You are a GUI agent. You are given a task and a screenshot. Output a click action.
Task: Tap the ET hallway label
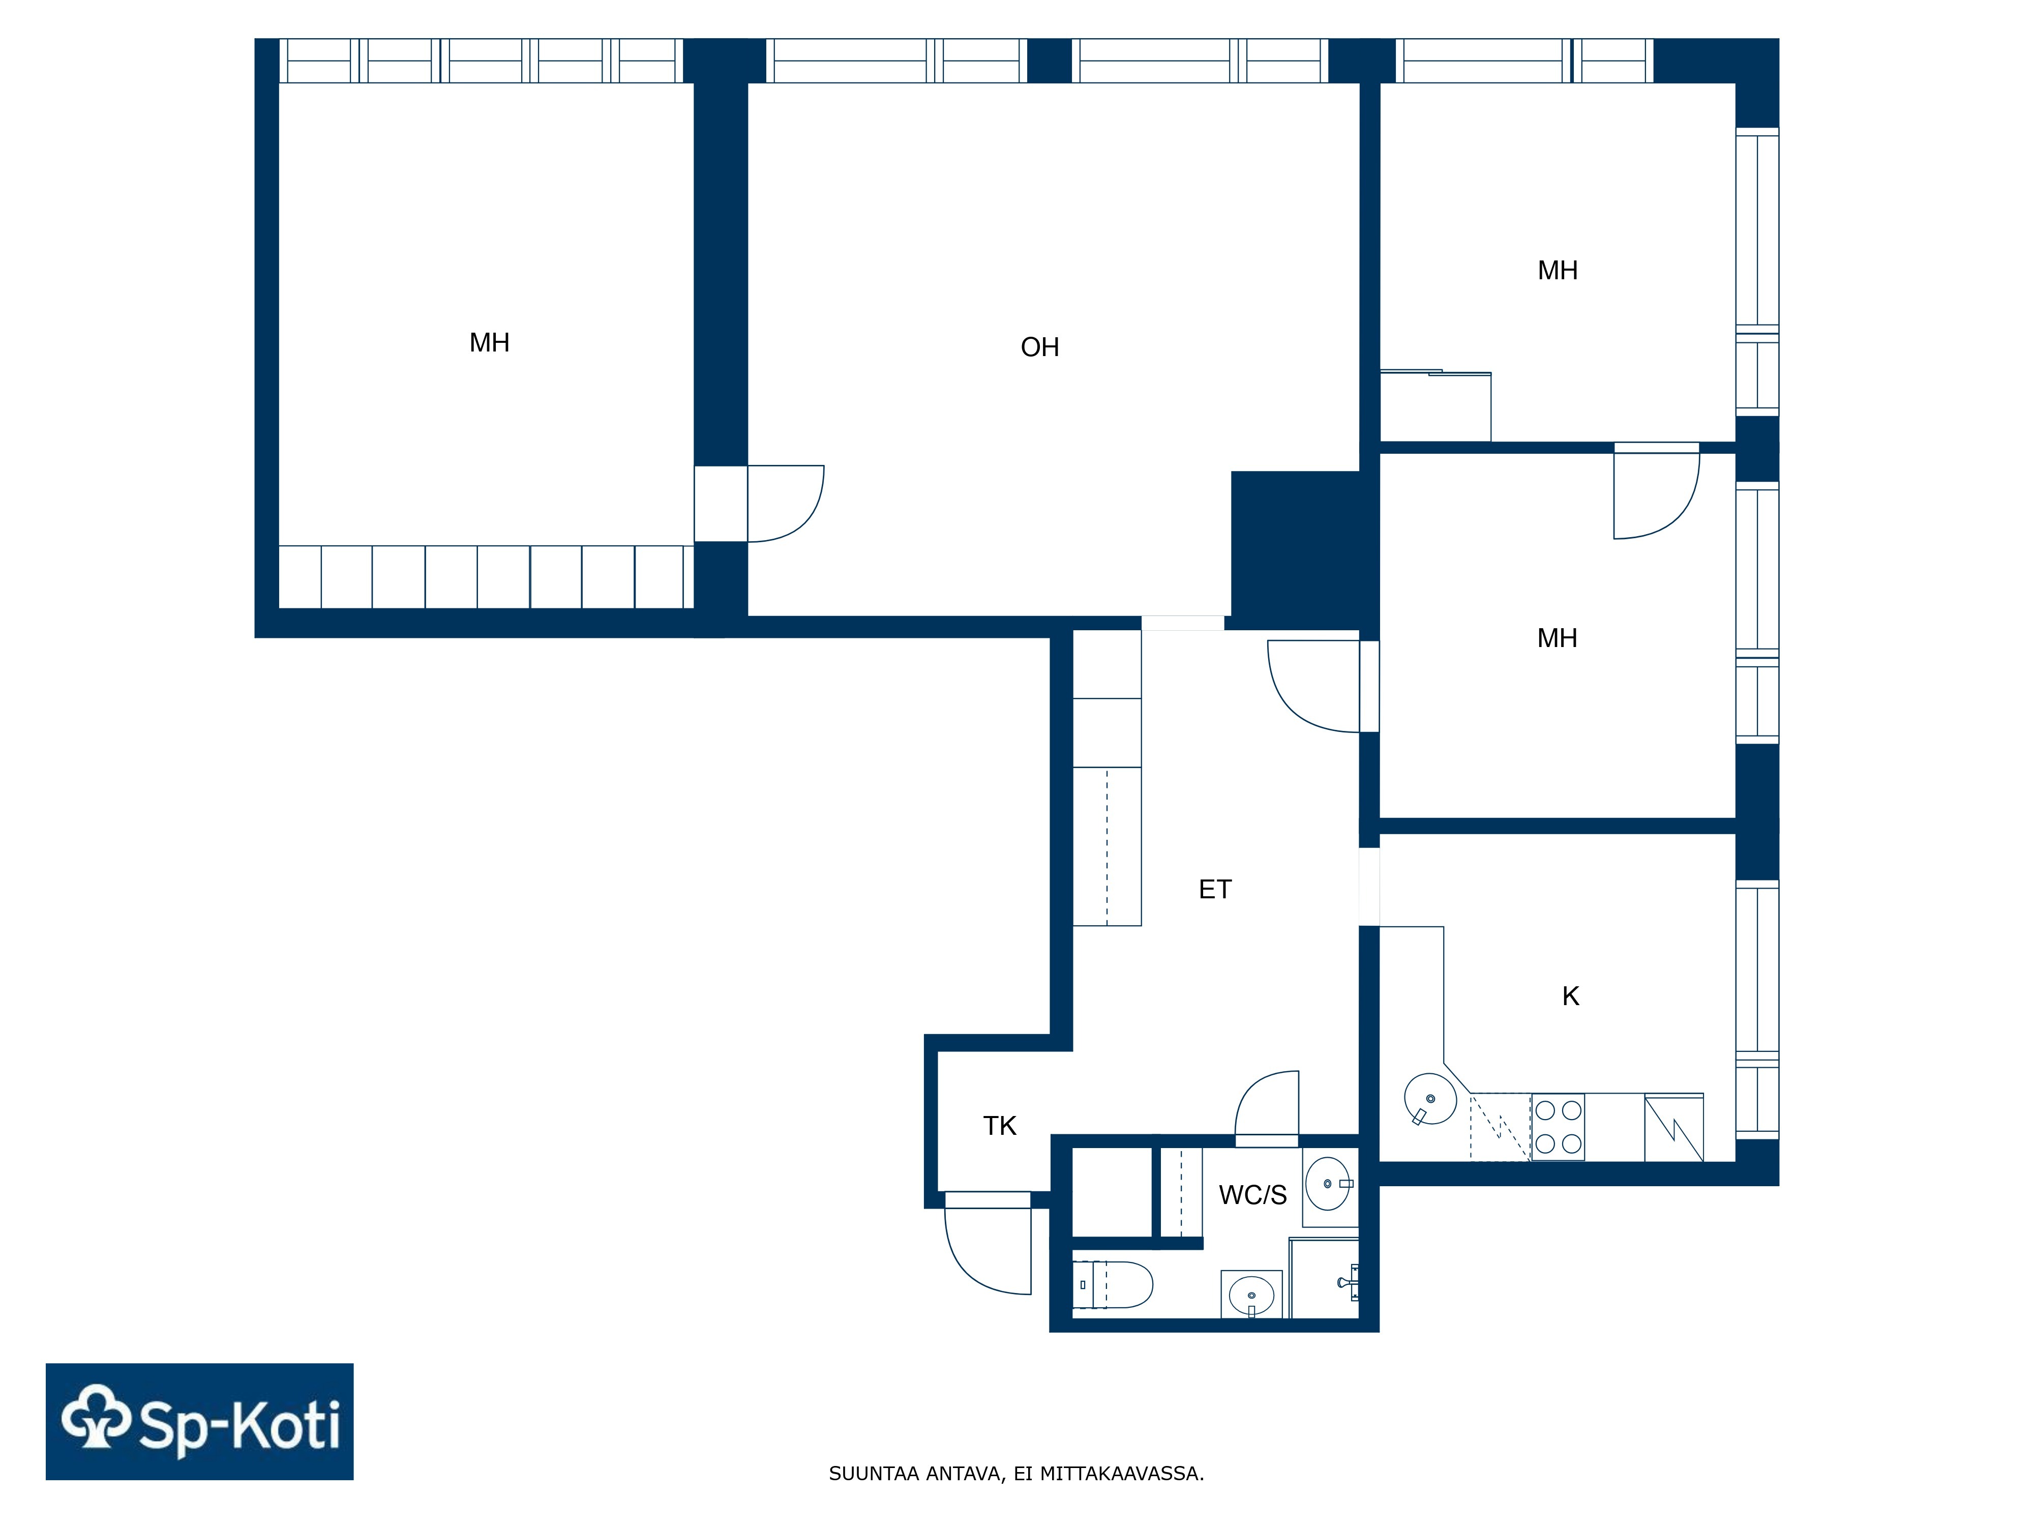tap(1215, 890)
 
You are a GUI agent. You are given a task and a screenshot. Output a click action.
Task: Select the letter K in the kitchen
tap(1571, 996)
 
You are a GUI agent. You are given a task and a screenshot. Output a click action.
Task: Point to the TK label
tap(1000, 1126)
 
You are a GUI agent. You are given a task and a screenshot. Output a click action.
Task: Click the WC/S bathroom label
tap(1252, 1195)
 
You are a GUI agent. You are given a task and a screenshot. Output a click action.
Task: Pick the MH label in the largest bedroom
tap(489, 343)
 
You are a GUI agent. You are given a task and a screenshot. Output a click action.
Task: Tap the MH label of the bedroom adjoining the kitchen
tap(1557, 638)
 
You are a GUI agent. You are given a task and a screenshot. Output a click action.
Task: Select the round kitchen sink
tap(1430, 1099)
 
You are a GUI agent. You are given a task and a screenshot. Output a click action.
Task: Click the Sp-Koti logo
tap(199, 1421)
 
